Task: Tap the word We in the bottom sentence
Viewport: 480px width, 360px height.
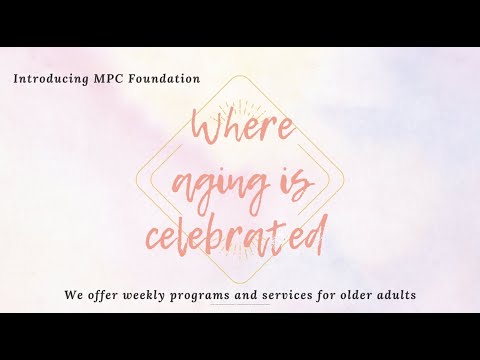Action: click(x=72, y=296)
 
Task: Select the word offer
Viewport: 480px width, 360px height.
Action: click(x=104, y=296)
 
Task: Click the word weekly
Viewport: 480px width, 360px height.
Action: click(x=149, y=296)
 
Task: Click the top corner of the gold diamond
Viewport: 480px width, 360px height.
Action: click(x=240, y=76)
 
